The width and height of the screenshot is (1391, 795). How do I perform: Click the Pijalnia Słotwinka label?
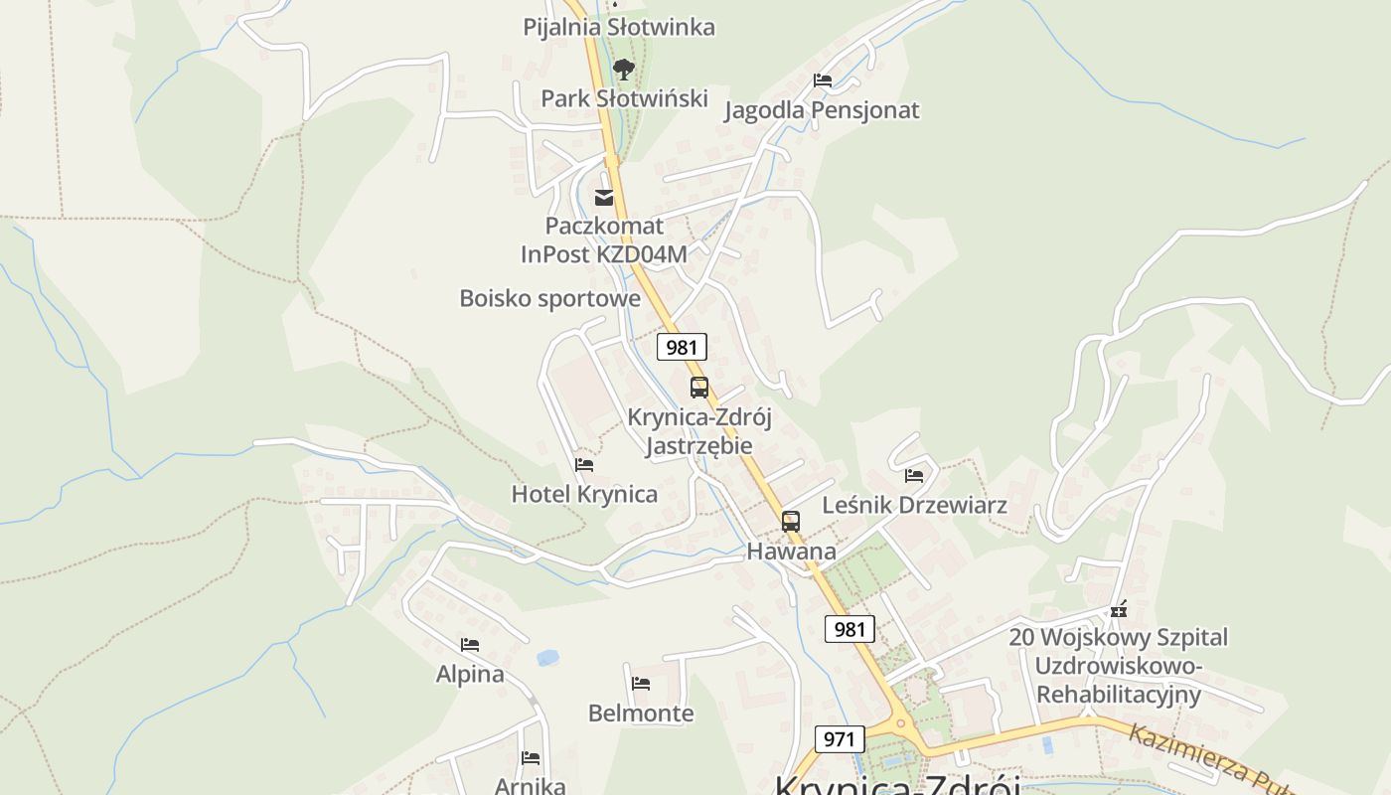tap(618, 27)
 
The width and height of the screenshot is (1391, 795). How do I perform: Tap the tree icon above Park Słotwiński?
tap(623, 69)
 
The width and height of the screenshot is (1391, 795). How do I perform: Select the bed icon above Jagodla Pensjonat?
tap(822, 80)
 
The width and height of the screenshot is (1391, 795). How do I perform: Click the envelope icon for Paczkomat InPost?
tap(604, 197)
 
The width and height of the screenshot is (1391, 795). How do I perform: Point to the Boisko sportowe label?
tap(549, 298)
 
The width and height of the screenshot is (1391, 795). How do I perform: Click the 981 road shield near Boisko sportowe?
tap(682, 347)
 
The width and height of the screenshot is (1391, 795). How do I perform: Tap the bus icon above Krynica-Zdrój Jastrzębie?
tap(699, 388)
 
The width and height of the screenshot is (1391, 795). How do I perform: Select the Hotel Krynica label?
tap(584, 494)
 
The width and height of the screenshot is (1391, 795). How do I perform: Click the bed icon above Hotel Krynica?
tap(584, 464)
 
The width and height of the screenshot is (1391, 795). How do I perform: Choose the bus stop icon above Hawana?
tap(790, 521)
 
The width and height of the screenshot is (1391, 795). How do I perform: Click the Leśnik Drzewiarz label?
tap(914, 505)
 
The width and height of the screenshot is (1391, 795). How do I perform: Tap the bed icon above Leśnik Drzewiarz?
tap(914, 476)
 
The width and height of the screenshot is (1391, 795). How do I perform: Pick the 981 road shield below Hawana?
tap(850, 629)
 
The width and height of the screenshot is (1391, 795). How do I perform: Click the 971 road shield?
tap(840, 739)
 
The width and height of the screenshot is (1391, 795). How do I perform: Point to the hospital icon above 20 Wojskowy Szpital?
tap(1119, 608)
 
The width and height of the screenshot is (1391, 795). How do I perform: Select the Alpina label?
tap(470, 674)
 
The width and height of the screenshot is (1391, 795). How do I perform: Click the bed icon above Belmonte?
tap(641, 684)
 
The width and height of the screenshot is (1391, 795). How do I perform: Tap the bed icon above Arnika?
tap(531, 758)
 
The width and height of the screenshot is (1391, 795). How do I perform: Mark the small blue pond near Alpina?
tap(547, 657)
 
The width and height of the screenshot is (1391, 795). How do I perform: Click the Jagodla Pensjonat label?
tap(822, 110)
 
